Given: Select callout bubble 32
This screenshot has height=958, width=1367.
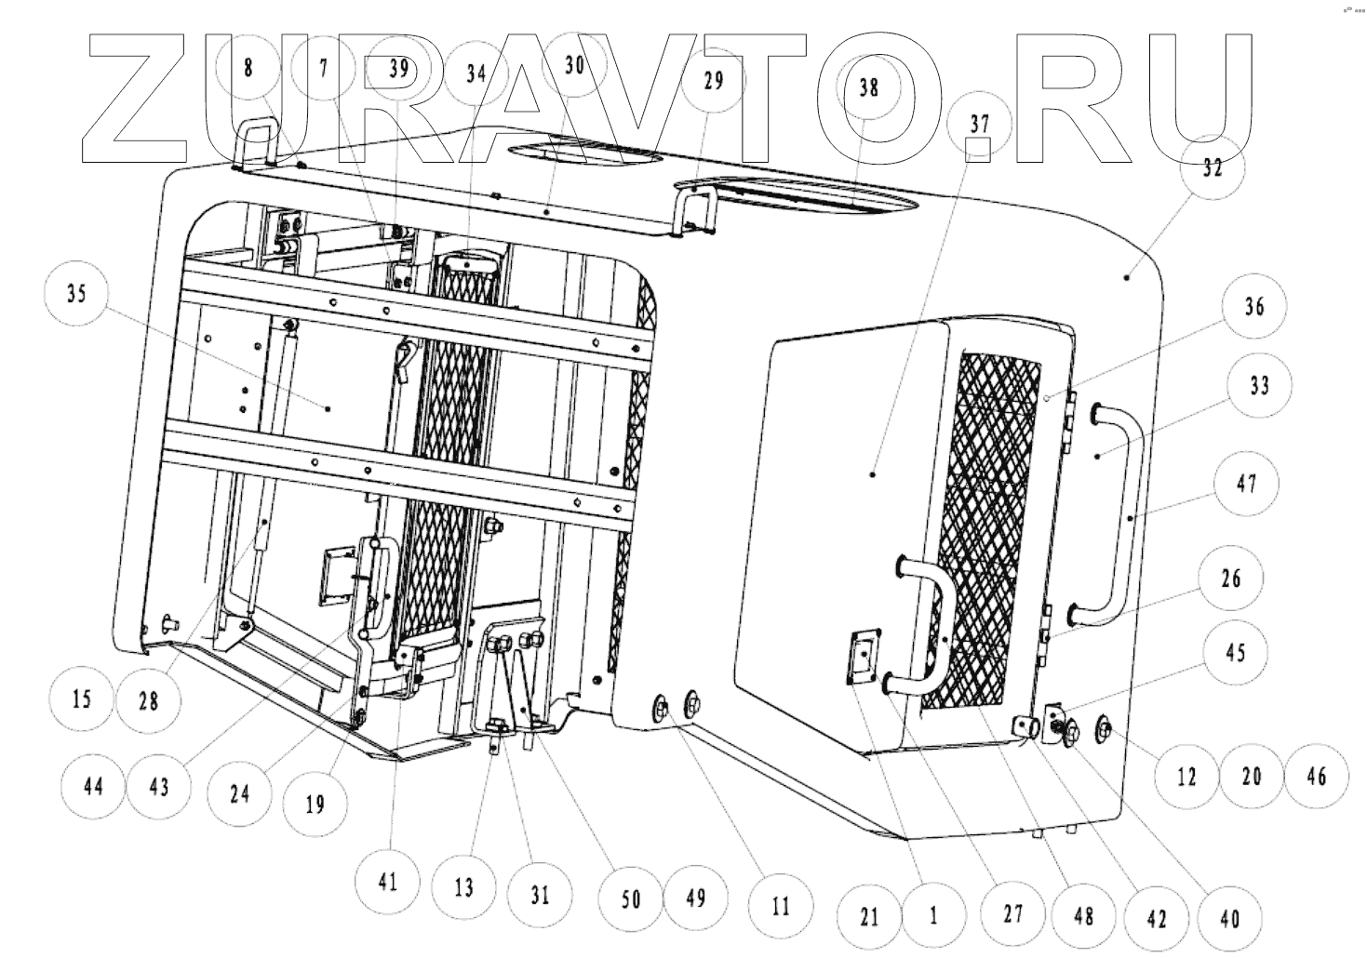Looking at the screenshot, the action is [x=1211, y=168].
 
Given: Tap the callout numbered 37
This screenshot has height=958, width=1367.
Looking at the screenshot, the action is [x=979, y=124].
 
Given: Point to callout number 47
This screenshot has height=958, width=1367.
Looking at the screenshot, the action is [x=1245, y=484].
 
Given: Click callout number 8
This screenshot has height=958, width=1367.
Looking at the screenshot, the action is [x=248, y=68].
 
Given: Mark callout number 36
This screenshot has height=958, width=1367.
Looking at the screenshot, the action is [x=1254, y=306].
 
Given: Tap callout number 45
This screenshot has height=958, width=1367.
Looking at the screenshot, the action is [x=1235, y=653].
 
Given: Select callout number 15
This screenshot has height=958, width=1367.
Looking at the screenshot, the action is [x=83, y=698].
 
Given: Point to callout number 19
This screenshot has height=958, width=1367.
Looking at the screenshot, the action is [x=315, y=804].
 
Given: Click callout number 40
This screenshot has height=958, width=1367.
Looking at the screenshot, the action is [x=1229, y=918].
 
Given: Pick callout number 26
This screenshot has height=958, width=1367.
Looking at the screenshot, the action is [x=1230, y=579].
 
